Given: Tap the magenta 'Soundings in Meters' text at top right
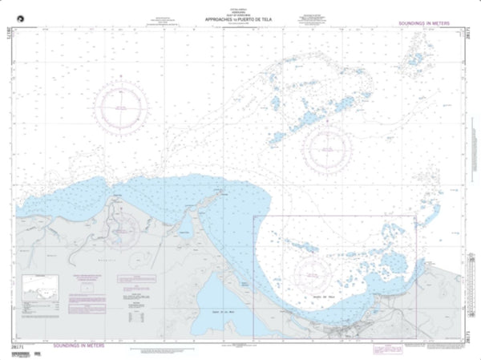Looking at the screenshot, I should tap(430, 24).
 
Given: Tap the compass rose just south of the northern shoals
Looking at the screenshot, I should tap(328, 148).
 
